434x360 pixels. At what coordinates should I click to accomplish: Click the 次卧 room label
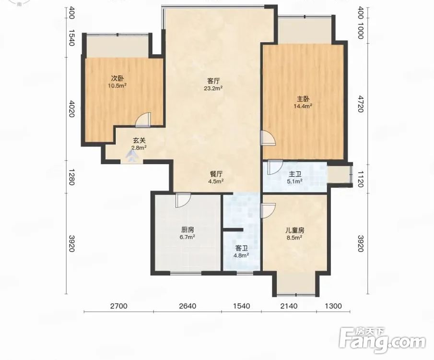[117, 79]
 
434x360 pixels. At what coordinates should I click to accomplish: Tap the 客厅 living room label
[213, 81]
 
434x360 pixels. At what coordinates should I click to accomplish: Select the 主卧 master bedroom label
[303, 99]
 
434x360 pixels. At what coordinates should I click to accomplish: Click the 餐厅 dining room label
[216, 174]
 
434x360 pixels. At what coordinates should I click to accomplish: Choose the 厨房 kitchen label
[188, 230]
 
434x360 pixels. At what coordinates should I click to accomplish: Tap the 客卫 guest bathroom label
[241, 248]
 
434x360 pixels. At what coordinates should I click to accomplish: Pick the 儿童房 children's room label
[295, 230]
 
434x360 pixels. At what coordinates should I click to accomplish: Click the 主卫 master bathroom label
[295, 174]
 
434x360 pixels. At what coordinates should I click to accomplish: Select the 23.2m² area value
[213, 88]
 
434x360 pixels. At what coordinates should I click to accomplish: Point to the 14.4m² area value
[303, 106]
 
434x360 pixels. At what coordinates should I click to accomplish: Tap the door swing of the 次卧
[143, 120]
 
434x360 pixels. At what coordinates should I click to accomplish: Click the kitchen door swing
[183, 200]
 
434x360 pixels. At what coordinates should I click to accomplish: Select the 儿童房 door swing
[268, 210]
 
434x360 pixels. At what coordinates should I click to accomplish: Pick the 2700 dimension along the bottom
[118, 306]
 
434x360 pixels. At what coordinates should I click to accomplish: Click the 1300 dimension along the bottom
[333, 306]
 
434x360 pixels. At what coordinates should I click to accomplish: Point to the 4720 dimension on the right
[360, 104]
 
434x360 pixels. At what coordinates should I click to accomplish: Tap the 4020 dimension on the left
[71, 109]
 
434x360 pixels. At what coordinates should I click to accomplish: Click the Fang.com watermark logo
[382, 341]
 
